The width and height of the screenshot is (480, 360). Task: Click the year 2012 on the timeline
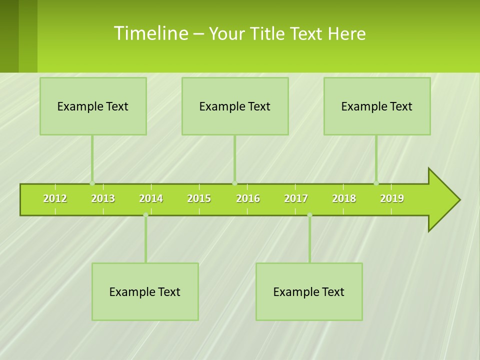55,198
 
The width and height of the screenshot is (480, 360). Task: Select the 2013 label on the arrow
103,198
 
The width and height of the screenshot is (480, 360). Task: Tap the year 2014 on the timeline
151,198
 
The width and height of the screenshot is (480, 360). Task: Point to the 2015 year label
199,198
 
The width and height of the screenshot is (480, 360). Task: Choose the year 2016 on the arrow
248,198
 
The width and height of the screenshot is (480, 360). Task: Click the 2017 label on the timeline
296,198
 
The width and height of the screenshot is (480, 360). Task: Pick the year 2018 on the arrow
344,198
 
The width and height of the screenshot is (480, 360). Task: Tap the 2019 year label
392,198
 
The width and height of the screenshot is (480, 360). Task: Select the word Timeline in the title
150,33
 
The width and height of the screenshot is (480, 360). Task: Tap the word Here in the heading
346,33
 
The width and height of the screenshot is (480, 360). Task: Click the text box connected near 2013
93,106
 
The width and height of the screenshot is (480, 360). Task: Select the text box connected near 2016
235,106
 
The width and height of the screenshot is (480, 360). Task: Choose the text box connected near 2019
377,106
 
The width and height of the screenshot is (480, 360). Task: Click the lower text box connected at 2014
145,291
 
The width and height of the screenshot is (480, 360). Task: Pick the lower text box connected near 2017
309,291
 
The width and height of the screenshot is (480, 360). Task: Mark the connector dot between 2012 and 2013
92,183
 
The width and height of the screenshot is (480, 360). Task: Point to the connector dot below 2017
309,215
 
